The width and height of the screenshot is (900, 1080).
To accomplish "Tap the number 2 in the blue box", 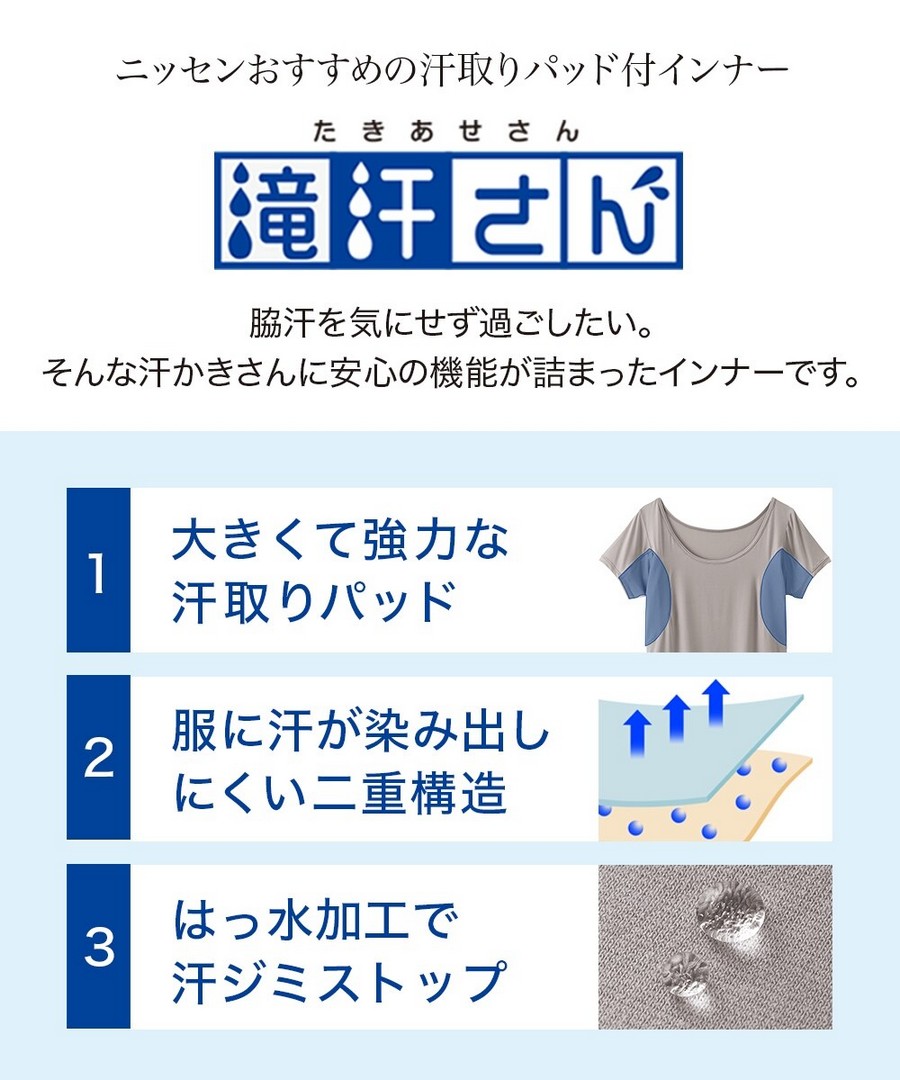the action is [x=98, y=758].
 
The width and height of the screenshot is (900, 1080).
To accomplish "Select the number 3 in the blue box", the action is [x=98, y=946].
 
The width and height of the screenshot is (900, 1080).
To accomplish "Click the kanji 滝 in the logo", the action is [x=273, y=210].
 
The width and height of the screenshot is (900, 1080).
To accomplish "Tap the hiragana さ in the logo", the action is [x=507, y=210].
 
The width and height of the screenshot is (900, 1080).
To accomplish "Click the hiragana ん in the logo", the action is [x=623, y=210].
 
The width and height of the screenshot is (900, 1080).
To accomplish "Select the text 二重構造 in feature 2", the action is [x=409, y=792].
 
